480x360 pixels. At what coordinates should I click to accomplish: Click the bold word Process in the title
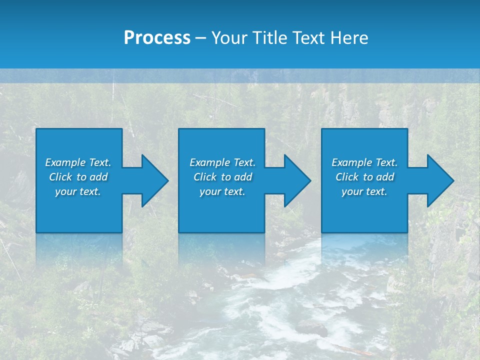pyautogui.click(x=157, y=38)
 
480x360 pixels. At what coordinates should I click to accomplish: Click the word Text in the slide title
pyautogui.click(x=308, y=38)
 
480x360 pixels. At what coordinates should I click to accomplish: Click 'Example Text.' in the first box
pyautogui.click(x=78, y=162)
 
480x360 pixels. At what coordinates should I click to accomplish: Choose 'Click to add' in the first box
pyautogui.click(x=78, y=177)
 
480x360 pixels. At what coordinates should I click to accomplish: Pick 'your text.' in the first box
pyautogui.click(x=78, y=191)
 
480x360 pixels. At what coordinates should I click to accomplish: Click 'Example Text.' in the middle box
pyautogui.click(x=222, y=162)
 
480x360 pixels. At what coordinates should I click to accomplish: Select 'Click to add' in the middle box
pyautogui.click(x=222, y=177)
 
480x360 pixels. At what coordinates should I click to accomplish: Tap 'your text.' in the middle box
pyautogui.click(x=222, y=191)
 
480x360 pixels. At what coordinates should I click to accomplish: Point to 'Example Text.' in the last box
pyautogui.click(x=364, y=162)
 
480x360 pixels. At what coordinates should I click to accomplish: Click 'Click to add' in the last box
pyautogui.click(x=364, y=177)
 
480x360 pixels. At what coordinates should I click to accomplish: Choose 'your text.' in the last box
pyautogui.click(x=364, y=191)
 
